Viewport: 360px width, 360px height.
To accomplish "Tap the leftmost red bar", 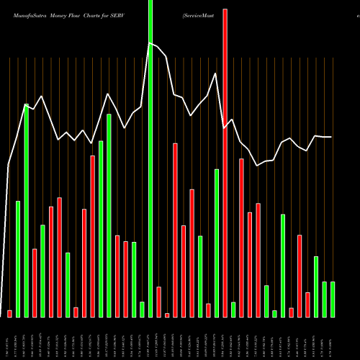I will [10, 313].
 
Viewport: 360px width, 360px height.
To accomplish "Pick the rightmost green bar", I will [333, 299].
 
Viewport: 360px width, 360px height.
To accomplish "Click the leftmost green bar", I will [18, 258].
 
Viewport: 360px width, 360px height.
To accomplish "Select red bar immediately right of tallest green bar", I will [158, 302].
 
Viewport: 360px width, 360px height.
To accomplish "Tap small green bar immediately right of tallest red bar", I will [233, 310].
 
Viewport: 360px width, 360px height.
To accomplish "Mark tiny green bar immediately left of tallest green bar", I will [142, 309].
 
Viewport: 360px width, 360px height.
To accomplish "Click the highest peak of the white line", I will [150, 43].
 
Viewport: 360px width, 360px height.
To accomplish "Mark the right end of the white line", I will [332, 137].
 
